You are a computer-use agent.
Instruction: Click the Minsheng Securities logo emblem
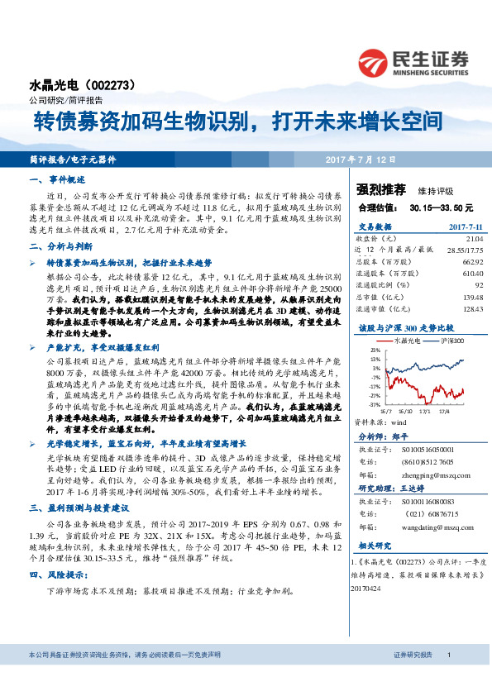tap(375, 60)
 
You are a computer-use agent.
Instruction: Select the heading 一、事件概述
tap(57, 179)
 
